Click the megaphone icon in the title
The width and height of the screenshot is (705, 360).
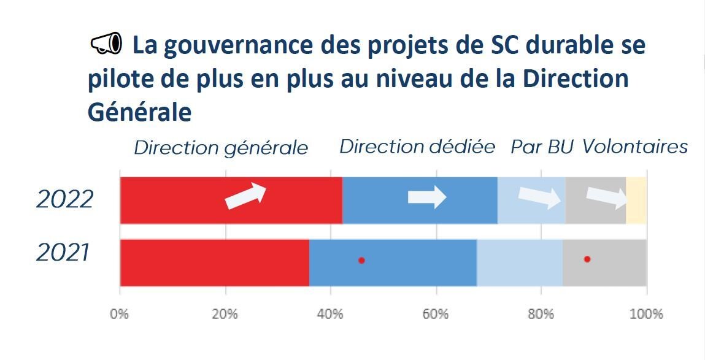(x=107, y=44)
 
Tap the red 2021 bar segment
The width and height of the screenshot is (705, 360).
(x=214, y=262)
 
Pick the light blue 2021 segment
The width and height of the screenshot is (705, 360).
(x=520, y=262)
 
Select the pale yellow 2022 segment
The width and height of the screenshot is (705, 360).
(x=636, y=200)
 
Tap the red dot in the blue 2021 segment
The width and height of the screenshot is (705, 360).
(x=361, y=260)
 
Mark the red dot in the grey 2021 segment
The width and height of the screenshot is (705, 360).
(x=587, y=259)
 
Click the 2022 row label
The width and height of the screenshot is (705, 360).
(x=65, y=200)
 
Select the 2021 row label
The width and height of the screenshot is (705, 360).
(x=63, y=253)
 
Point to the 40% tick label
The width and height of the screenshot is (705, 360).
(x=330, y=314)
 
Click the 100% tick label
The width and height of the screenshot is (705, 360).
(x=646, y=314)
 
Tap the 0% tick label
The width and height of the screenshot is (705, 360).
(x=120, y=314)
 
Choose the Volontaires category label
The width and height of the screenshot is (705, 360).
(x=634, y=147)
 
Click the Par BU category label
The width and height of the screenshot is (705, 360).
(x=542, y=148)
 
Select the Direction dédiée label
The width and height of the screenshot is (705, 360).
(x=417, y=147)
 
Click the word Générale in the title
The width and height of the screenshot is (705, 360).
(x=140, y=113)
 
